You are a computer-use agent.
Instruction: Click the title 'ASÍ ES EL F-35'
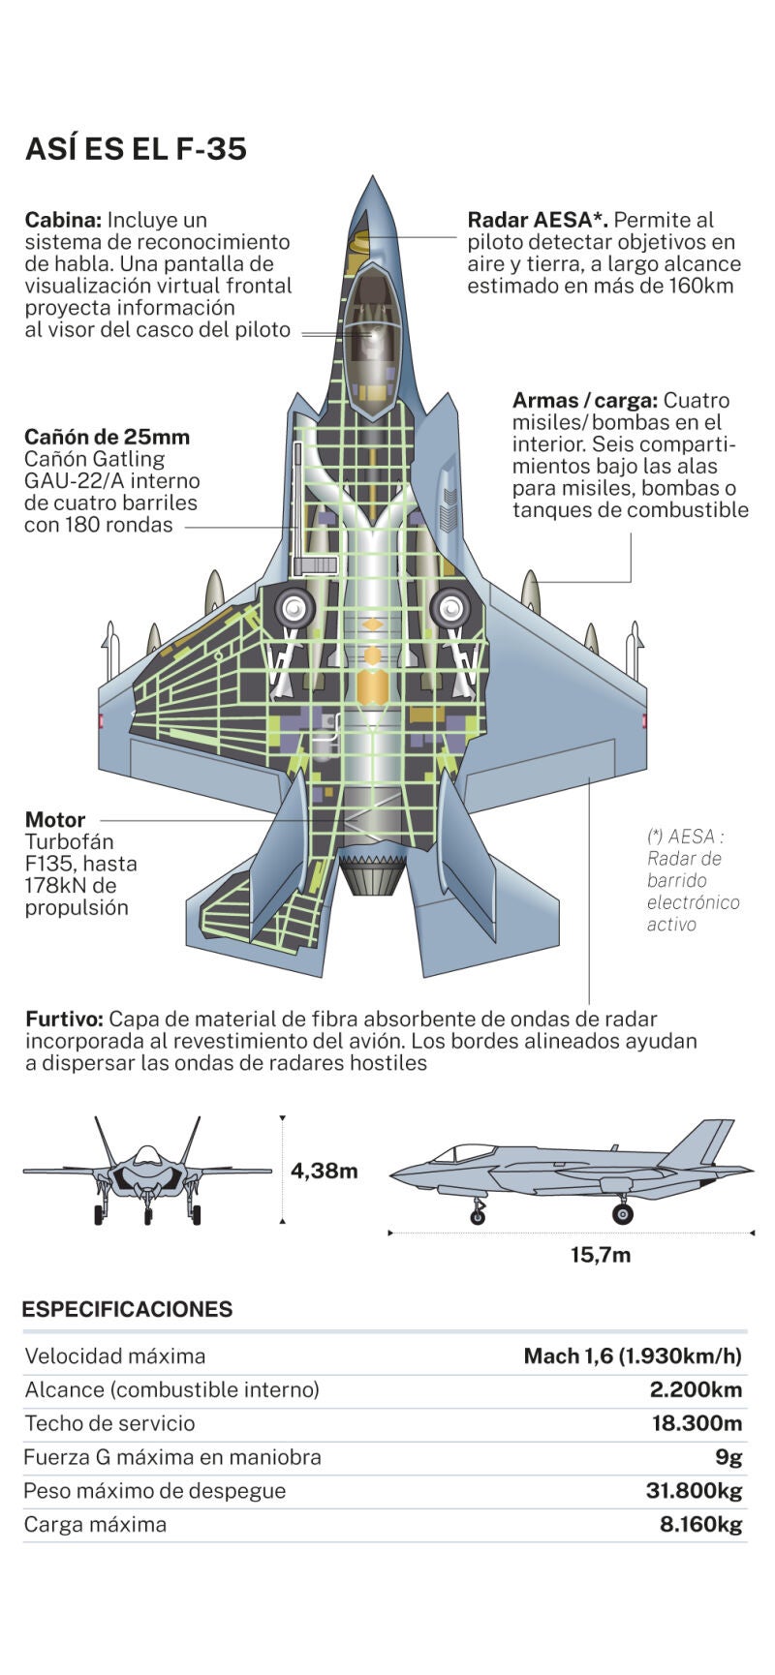(x=136, y=149)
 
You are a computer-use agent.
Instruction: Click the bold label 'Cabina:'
(x=63, y=220)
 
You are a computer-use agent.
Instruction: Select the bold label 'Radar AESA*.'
(x=537, y=220)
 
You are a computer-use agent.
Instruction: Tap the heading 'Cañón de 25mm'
(x=107, y=437)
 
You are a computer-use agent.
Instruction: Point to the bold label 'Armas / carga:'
(x=584, y=400)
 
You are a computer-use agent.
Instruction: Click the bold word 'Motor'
(x=55, y=819)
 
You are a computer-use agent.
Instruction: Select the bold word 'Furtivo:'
(x=64, y=1019)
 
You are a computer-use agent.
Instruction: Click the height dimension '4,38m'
(x=324, y=1171)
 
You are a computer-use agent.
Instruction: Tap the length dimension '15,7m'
(x=600, y=1255)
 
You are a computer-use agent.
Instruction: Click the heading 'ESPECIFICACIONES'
(x=127, y=1309)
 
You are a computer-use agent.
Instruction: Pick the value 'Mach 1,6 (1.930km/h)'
(x=633, y=1355)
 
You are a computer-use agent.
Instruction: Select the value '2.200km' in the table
(x=696, y=1389)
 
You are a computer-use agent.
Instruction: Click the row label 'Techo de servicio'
(x=109, y=1423)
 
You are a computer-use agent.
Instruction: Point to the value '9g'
(x=728, y=1457)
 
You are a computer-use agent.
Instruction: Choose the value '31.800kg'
(x=694, y=1491)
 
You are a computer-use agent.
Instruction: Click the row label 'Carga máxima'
(x=95, y=1525)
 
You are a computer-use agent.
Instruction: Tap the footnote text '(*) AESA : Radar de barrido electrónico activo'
(x=692, y=880)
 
